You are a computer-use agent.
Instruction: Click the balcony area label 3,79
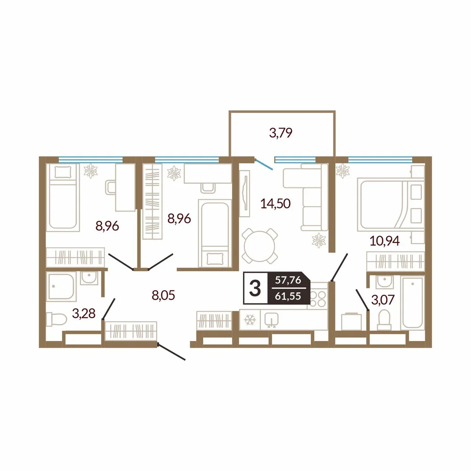coord(281,132)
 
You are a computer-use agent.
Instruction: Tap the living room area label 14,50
coord(276,203)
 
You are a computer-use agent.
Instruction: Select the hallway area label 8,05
coord(163,295)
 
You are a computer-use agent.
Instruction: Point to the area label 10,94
coord(384,241)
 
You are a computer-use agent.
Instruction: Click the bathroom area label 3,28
coord(84,313)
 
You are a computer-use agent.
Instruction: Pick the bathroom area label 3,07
coord(383,300)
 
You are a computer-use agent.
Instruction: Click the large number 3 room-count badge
coord(255,288)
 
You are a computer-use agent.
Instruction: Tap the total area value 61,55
coord(288,296)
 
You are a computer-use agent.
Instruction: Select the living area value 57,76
coord(288,280)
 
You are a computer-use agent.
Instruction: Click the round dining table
coord(260,245)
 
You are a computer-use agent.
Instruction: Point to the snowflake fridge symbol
coord(250,320)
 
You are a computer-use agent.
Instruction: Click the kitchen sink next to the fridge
coord(271,320)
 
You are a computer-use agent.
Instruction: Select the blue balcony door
coord(264,164)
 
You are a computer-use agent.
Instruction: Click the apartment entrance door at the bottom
coord(171,352)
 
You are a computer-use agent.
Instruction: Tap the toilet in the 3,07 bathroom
coord(384,320)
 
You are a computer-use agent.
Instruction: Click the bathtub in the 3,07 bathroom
coord(413,302)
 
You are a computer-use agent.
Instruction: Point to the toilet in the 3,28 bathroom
coord(57,319)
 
